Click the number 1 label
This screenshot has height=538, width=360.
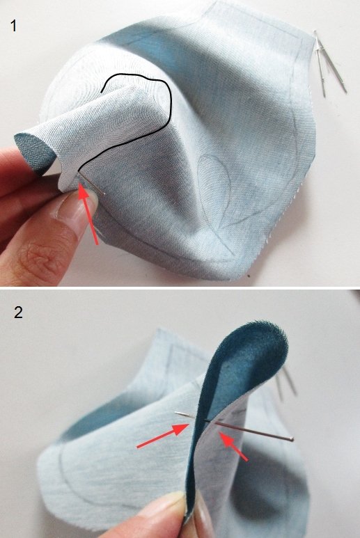click(14, 26)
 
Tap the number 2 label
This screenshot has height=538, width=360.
click(18, 312)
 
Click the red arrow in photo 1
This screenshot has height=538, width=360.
click(88, 214)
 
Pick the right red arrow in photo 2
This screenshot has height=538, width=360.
click(233, 446)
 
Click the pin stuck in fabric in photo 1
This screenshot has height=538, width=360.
click(92, 184)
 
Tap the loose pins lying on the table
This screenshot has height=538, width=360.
click(329, 63)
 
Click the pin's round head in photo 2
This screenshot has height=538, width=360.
click(292, 439)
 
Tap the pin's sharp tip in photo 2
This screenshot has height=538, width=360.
click(175, 413)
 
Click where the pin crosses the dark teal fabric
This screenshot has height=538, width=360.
click(205, 420)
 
